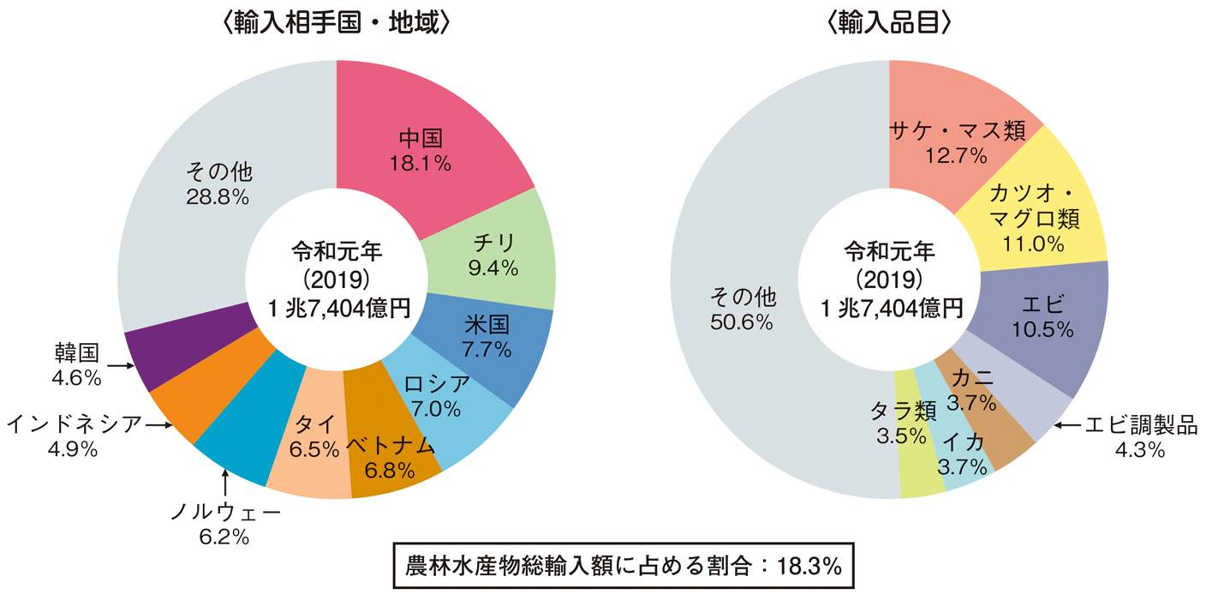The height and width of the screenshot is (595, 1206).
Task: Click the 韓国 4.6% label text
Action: pos(77,364)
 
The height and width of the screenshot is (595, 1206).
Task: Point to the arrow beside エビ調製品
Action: pos(1066,424)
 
